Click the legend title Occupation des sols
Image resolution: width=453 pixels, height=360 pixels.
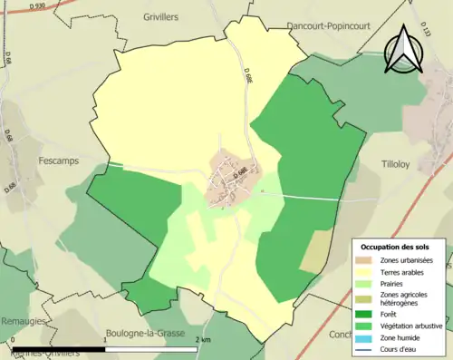[x=396, y=247]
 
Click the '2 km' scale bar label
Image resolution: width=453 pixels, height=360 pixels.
[x=201, y=338]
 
